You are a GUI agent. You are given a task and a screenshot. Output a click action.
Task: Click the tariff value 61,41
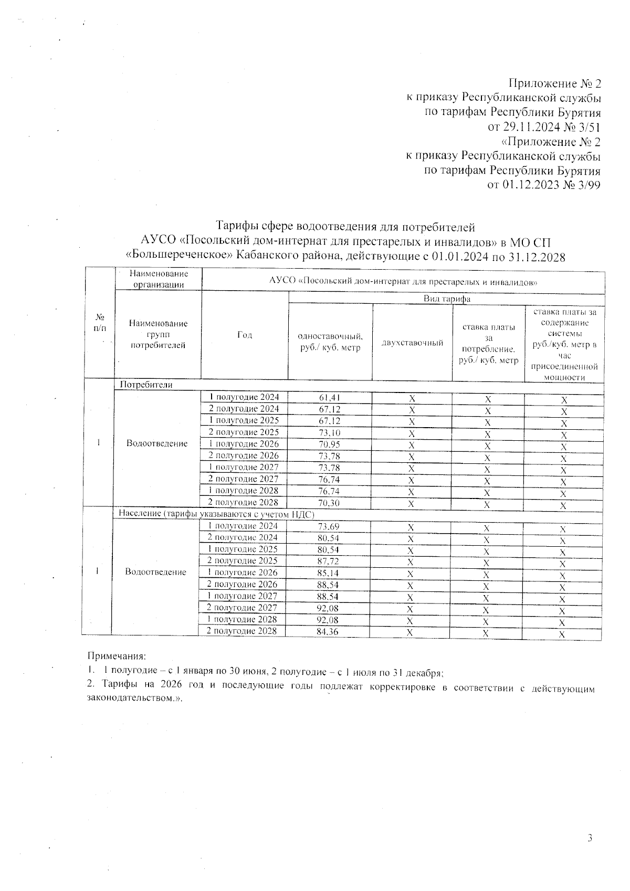click(329, 398)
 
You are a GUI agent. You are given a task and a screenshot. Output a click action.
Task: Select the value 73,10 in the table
click(329, 433)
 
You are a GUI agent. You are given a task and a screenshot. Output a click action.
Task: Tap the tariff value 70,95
click(329, 444)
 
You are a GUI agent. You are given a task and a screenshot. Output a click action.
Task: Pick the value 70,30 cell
click(329, 503)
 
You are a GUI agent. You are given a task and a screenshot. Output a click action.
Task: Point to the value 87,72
click(328, 561)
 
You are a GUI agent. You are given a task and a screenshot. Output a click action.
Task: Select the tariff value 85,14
click(328, 573)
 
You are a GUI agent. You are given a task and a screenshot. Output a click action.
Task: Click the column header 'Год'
click(245, 335)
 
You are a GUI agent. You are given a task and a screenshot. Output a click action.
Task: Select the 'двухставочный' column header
click(413, 343)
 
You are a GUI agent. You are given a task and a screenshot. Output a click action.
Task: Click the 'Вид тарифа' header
click(447, 299)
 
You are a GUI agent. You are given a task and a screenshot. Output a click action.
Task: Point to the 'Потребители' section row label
click(146, 385)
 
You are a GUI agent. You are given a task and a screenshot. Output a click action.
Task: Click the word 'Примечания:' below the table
click(116, 656)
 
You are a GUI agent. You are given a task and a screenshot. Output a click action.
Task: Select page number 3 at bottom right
click(590, 838)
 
